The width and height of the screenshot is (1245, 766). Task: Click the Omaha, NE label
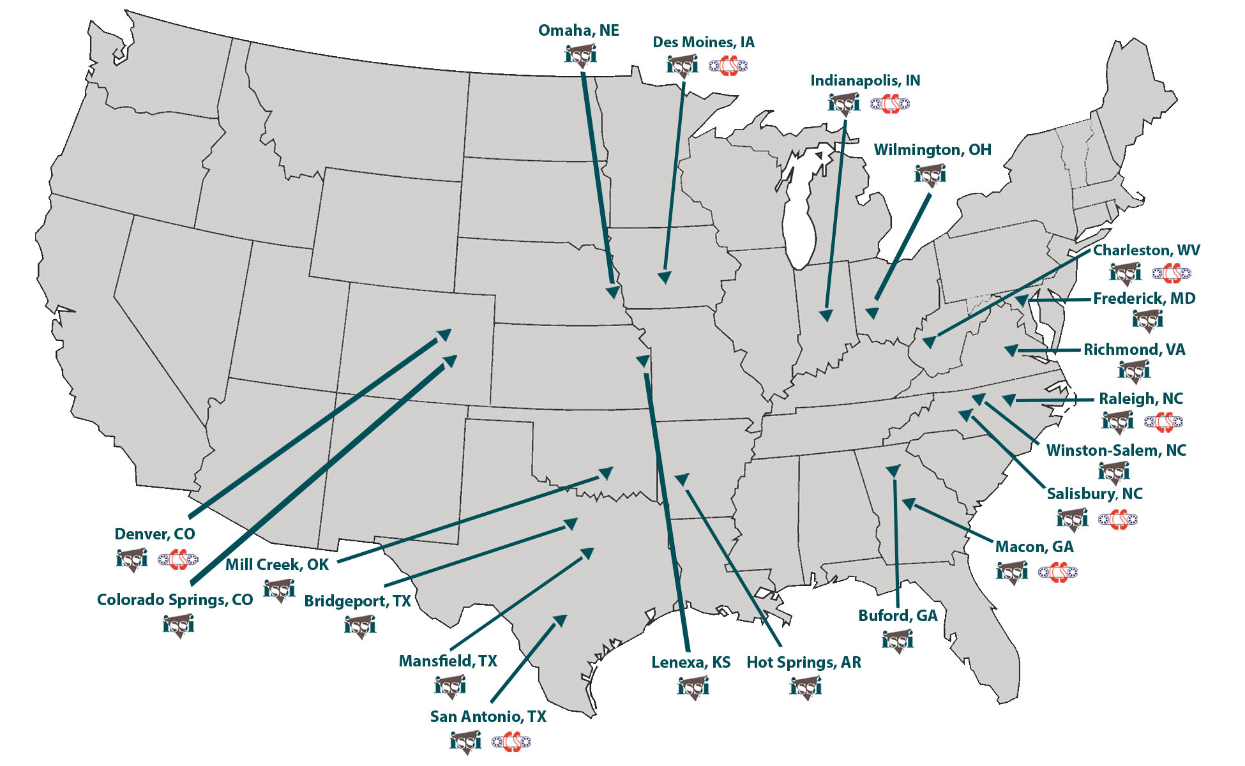click(578, 31)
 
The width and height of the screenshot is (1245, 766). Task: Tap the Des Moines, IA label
click(703, 43)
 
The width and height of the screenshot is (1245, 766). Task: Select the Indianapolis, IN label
click(865, 81)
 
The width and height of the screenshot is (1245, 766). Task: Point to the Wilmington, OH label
click(932, 150)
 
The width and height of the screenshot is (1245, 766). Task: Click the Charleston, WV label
click(1146, 250)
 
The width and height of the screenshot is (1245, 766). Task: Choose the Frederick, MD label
click(1143, 299)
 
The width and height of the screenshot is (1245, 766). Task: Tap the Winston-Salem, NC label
click(1115, 451)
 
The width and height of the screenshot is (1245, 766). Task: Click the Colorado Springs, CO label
click(175, 600)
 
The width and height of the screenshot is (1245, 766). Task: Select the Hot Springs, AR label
click(803, 663)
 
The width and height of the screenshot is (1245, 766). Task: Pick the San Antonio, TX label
click(488, 717)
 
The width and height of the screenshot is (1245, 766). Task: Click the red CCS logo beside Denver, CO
click(178, 559)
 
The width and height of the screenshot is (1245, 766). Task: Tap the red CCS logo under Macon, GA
click(1057, 572)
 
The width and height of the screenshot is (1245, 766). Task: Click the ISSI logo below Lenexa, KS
click(693, 687)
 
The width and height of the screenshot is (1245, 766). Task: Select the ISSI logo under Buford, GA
click(898, 640)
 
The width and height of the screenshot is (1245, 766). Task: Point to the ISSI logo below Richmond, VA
click(1134, 370)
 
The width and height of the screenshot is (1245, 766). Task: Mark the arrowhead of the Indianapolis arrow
click(826, 315)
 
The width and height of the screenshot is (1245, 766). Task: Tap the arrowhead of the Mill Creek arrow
click(605, 473)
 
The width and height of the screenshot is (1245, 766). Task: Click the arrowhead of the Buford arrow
click(893, 471)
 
